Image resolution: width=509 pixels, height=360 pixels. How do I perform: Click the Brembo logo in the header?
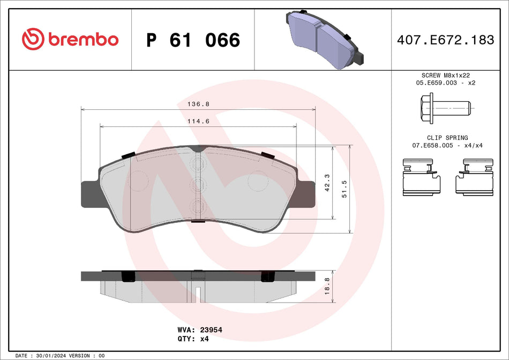[70, 39]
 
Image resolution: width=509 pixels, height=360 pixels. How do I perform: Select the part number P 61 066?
[193, 40]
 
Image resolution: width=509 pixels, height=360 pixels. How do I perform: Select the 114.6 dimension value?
[198, 122]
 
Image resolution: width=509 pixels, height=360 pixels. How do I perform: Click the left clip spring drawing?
[422, 177]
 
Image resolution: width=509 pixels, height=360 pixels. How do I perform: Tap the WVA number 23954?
[211, 330]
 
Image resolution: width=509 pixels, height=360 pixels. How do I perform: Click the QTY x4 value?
[204, 339]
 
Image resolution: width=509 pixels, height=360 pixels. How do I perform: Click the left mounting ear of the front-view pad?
[89, 193]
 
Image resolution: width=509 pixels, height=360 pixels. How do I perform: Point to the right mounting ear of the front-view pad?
[306, 193]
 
